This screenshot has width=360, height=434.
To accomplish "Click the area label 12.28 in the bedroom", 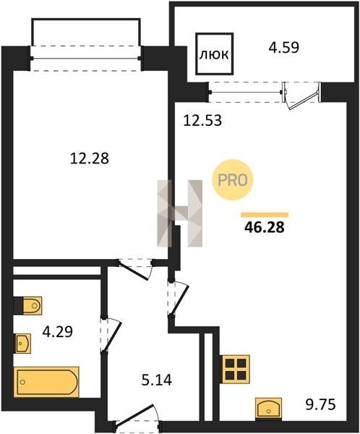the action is (90, 158).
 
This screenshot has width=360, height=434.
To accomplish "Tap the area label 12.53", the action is (202, 121).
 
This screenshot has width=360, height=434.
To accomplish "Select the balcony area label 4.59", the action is (284, 47).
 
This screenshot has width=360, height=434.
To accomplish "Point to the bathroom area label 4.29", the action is (58, 331).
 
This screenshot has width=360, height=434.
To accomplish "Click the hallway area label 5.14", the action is (157, 380).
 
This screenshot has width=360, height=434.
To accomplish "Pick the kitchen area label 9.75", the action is (320, 404).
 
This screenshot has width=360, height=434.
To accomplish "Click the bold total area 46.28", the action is (265, 228).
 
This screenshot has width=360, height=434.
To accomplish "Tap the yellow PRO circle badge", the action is (233, 180).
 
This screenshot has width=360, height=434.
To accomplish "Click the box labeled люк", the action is (214, 54).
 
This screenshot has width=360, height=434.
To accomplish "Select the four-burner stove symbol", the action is (236, 369).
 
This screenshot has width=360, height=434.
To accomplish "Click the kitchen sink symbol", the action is (268, 407).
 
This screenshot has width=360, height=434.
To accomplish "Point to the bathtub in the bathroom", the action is (46, 382).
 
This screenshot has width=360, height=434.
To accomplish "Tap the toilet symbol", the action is (28, 306).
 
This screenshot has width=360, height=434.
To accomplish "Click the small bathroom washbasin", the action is (22, 343).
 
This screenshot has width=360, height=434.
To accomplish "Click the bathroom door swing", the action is (111, 336).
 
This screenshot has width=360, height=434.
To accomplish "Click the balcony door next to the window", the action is (301, 96).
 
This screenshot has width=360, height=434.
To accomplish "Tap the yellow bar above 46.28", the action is (265, 215).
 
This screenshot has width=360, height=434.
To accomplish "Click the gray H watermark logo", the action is (179, 213).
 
